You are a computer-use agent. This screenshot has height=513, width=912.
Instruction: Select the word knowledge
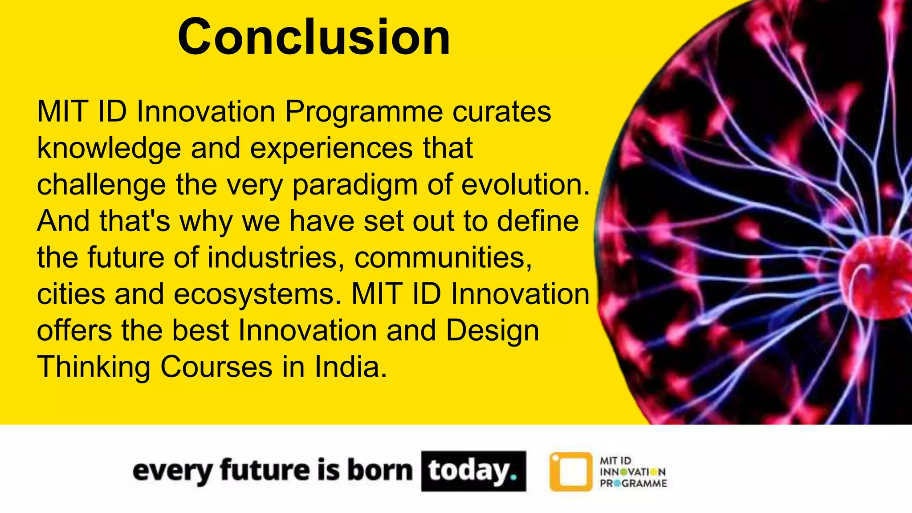(109, 148)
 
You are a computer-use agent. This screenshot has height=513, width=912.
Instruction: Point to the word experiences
(331, 148)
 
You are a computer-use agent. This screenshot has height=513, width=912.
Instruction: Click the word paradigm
(354, 185)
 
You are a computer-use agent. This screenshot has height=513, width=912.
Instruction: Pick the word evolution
(525, 184)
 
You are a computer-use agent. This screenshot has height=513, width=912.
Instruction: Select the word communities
(443, 257)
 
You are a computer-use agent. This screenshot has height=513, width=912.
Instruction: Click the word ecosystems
(254, 295)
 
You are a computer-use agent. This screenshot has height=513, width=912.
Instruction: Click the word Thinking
(94, 368)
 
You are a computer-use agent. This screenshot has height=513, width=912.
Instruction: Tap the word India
(350, 367)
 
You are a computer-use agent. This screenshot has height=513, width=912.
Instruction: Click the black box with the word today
(473, 471)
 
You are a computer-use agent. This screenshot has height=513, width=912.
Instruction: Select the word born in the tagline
(379, 470)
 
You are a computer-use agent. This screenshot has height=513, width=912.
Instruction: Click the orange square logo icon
(571, 472)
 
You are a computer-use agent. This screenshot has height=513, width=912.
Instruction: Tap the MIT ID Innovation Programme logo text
(632, 472)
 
